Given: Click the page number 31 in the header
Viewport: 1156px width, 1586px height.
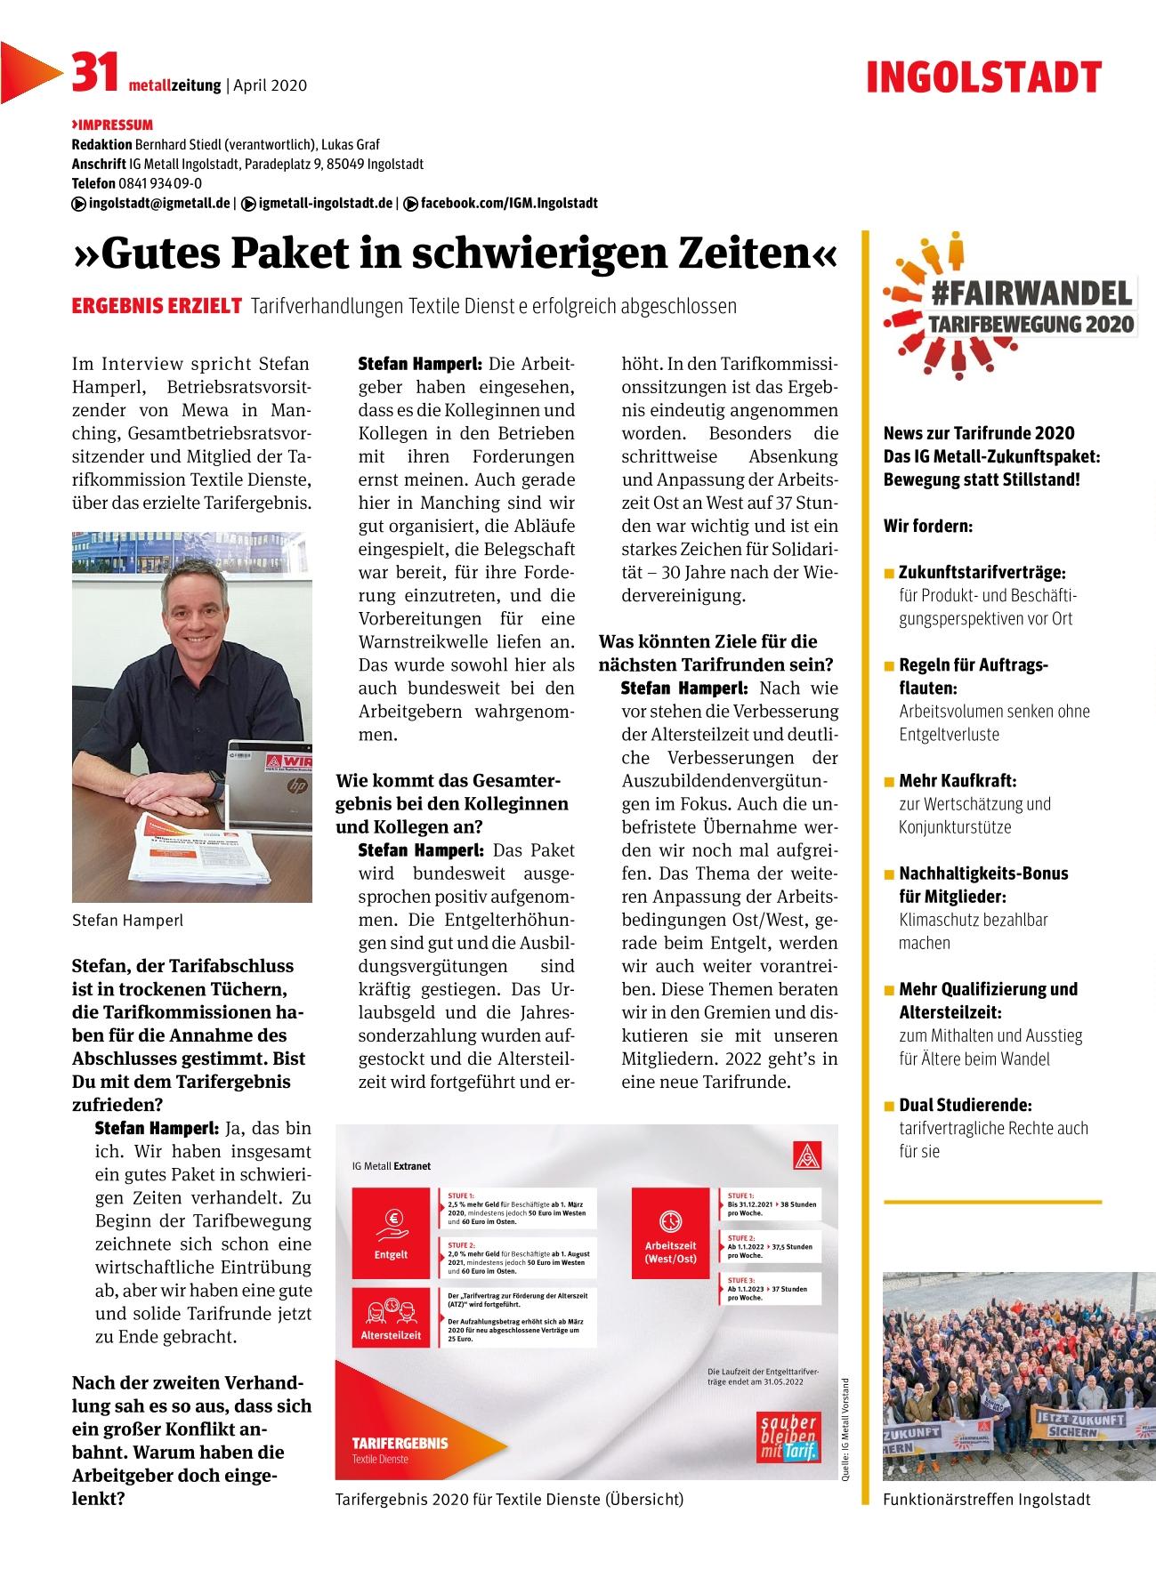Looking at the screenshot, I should [x=94, y=73].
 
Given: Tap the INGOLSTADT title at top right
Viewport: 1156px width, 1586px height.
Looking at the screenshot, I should [x=984, y=78].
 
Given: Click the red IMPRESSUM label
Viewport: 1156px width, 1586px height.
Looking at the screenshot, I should [x=113, y=125].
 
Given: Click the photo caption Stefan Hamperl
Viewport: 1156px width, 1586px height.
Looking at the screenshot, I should [x=127, y=921].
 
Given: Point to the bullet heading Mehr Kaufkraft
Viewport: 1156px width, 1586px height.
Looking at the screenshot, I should [x=957, y=781].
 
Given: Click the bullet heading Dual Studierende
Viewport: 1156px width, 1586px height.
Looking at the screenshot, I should [x=965, y=1106].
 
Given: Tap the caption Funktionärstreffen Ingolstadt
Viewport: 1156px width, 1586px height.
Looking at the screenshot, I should [x=986, y=1500].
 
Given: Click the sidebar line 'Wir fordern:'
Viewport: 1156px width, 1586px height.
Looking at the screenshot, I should [x=928, y=526].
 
